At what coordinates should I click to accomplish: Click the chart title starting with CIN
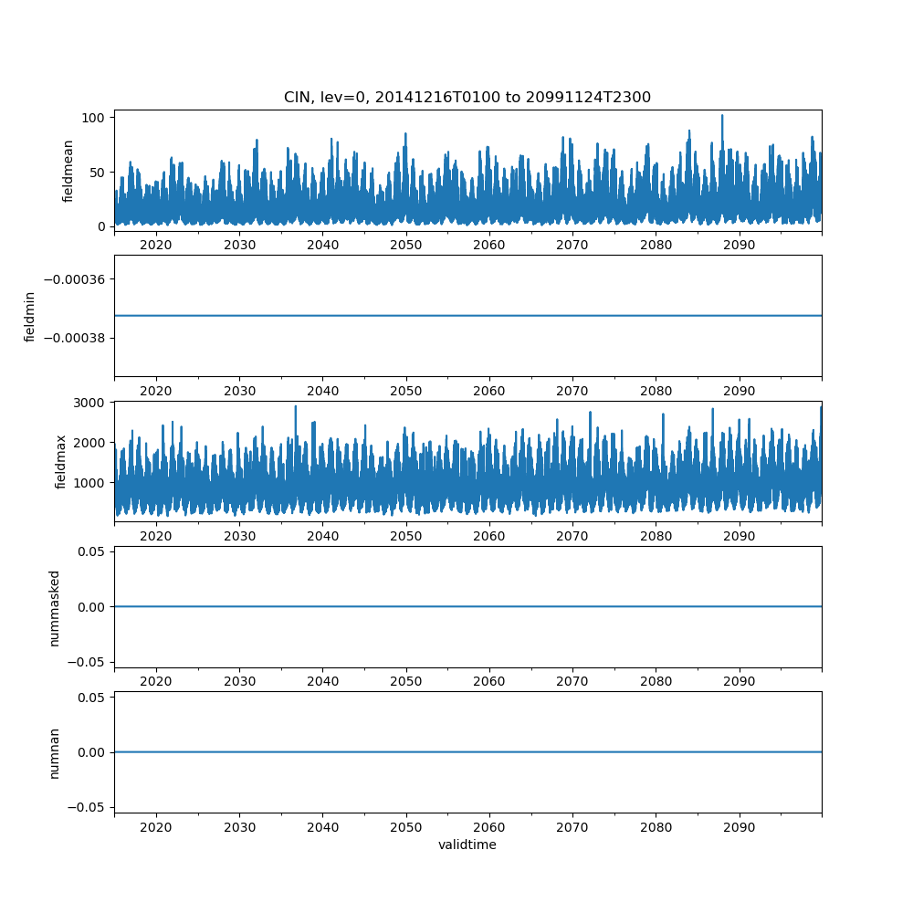coord(467,98)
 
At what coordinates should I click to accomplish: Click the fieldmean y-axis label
coord(68,172)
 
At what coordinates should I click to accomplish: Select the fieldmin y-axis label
coord(30,317)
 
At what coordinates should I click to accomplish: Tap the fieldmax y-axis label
coord(61,462)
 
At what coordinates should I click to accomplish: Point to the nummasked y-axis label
coord(54,608)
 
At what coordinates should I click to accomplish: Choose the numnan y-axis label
coord(54,753)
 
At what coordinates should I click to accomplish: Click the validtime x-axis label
coord(467,845)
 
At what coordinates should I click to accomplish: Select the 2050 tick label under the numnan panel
coord(406,827)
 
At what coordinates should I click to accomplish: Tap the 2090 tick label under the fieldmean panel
coord(739,245)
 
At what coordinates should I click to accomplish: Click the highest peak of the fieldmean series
coord(722,116)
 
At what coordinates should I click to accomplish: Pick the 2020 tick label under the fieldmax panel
coord(156,536)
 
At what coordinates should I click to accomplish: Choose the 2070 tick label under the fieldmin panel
coord(572,391)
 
